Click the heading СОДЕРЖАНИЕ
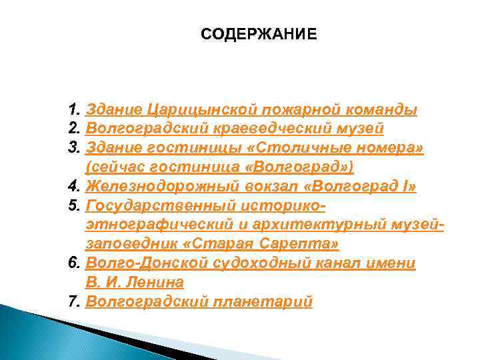coord(259,34)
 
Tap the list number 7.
coord(74,301)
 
